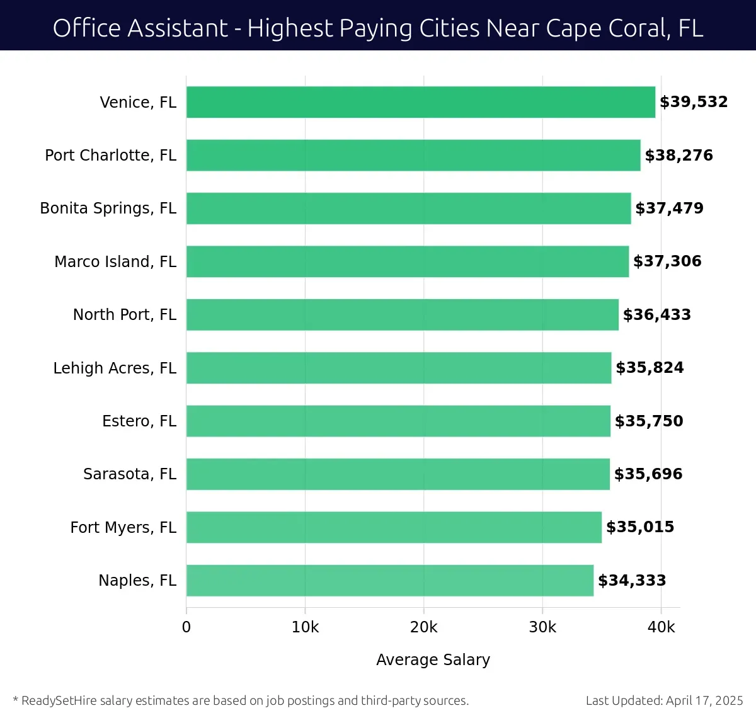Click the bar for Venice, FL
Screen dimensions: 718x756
pyautogui.click(x=420, y=102)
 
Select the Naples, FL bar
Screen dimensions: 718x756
pyautogui.click(x=389, y=580)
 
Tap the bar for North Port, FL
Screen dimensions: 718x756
pyautogui.click(x=402, y=314)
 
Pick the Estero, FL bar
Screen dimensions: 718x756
pyautogui.click(x=398, y=421)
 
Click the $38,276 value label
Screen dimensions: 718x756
pyautogui.click(x=679, y=155)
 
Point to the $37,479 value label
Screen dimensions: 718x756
pyautogui.click(x=669, y=208)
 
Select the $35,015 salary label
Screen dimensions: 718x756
pyautogui.click(x=639, y=527)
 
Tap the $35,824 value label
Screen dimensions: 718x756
pyautogui.click(x=650, y=368)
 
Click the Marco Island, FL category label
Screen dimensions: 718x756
pyautogui.click(x=115, y=261)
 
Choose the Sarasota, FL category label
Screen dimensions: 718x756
pyautogui.click(x=130, y=474)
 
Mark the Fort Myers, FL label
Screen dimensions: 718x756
pyautogui.click(x=123, y=527)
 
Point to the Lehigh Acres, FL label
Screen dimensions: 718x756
pyautogui.click(x=115, y=368)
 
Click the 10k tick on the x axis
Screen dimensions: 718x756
pyautogui.click(x=305, y=627)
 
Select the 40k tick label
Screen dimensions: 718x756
pyautogui.click(x=661, y=627)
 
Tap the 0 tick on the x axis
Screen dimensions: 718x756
pyautogui.click(x=186, y=627)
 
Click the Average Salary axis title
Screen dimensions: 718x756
pyautogui.click(x=433, y=659)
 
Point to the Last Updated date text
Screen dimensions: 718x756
pyautogui.click(x=664, y=700)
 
